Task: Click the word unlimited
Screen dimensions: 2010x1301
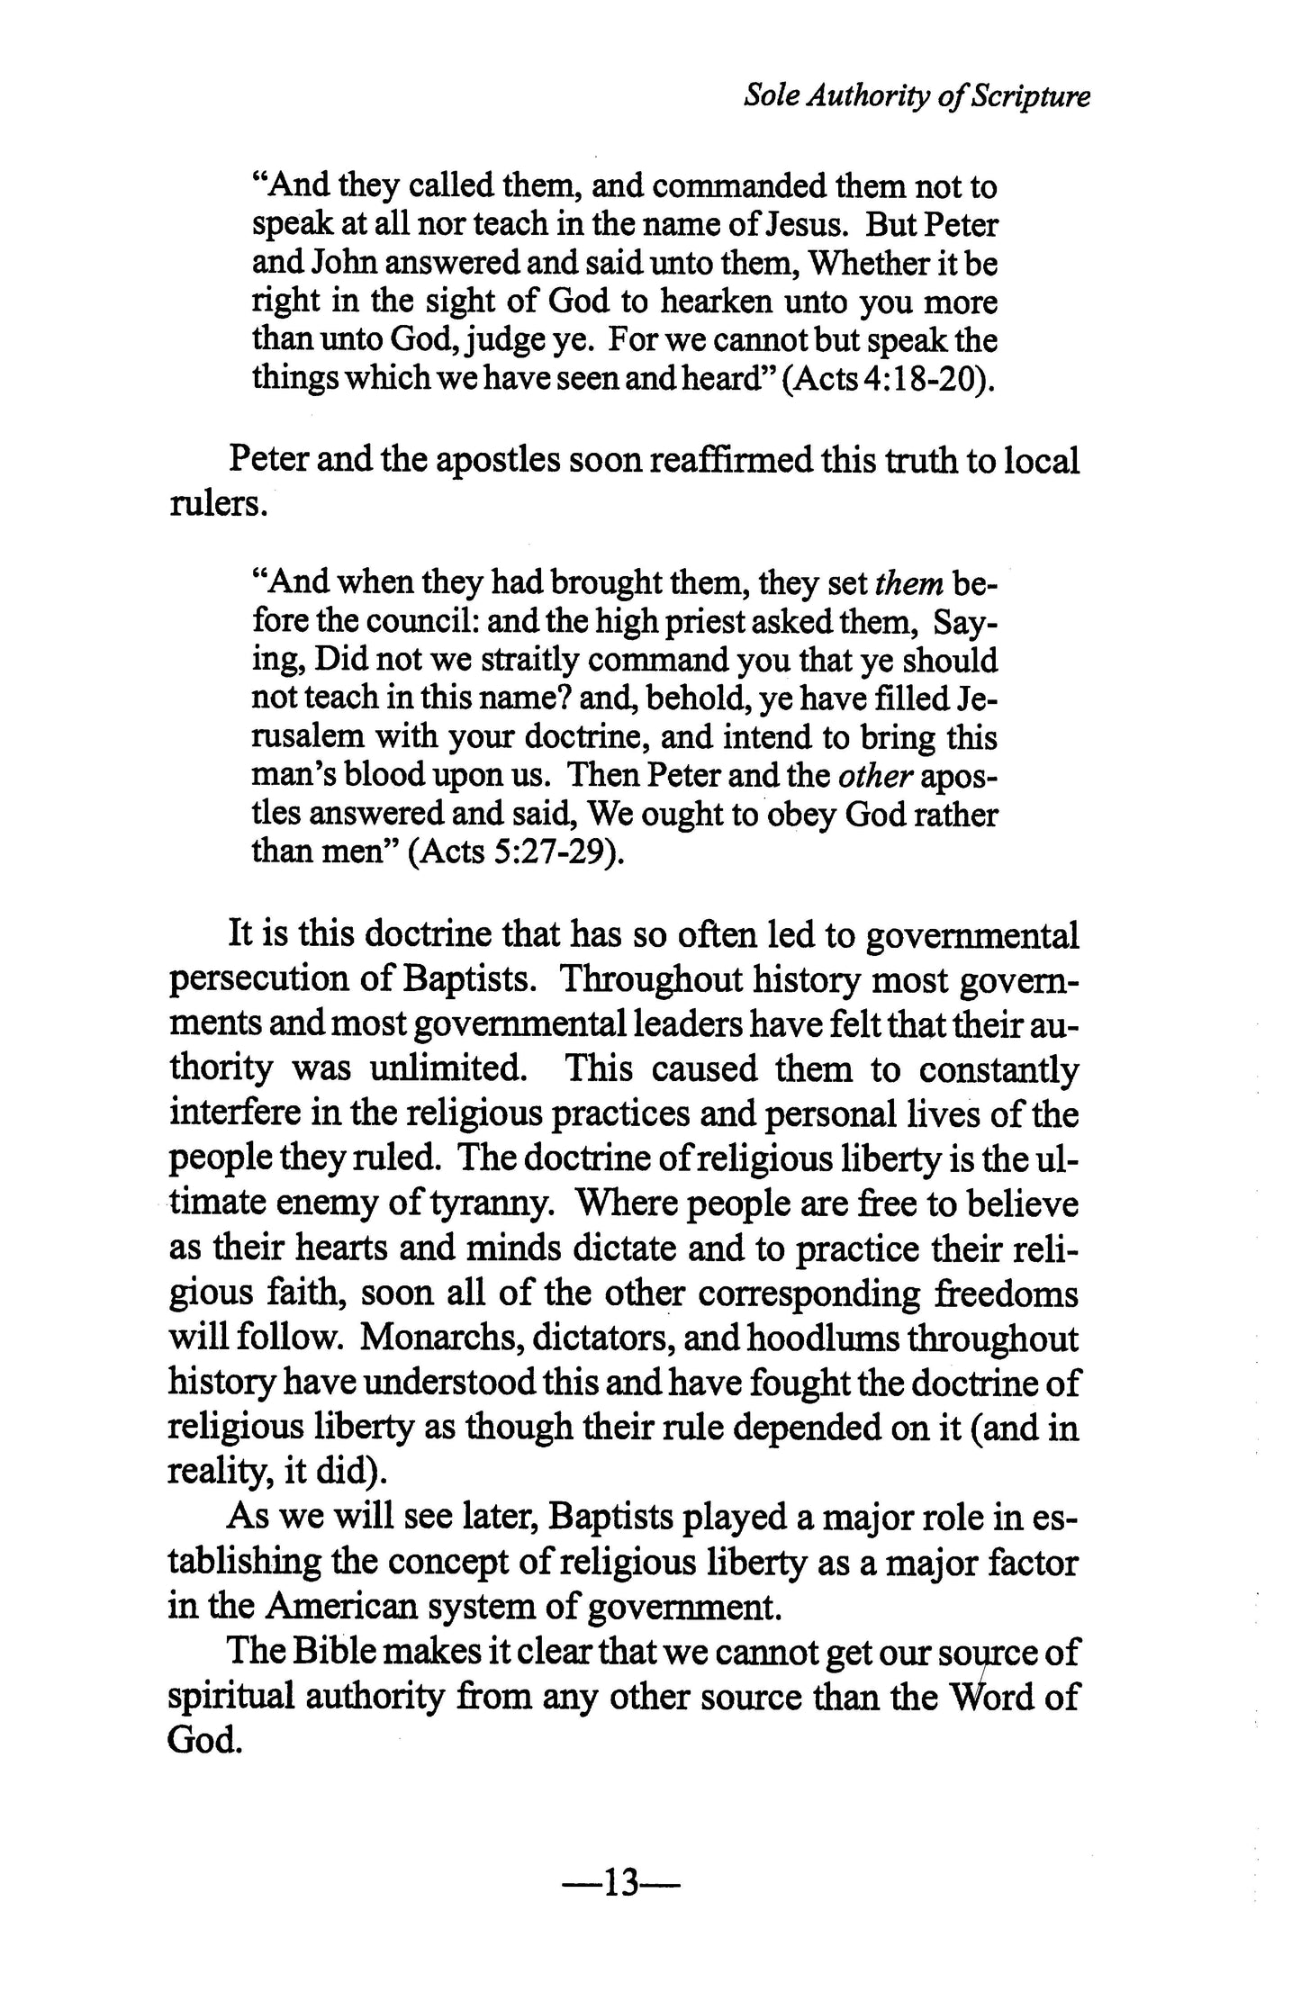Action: [447, 1068]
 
